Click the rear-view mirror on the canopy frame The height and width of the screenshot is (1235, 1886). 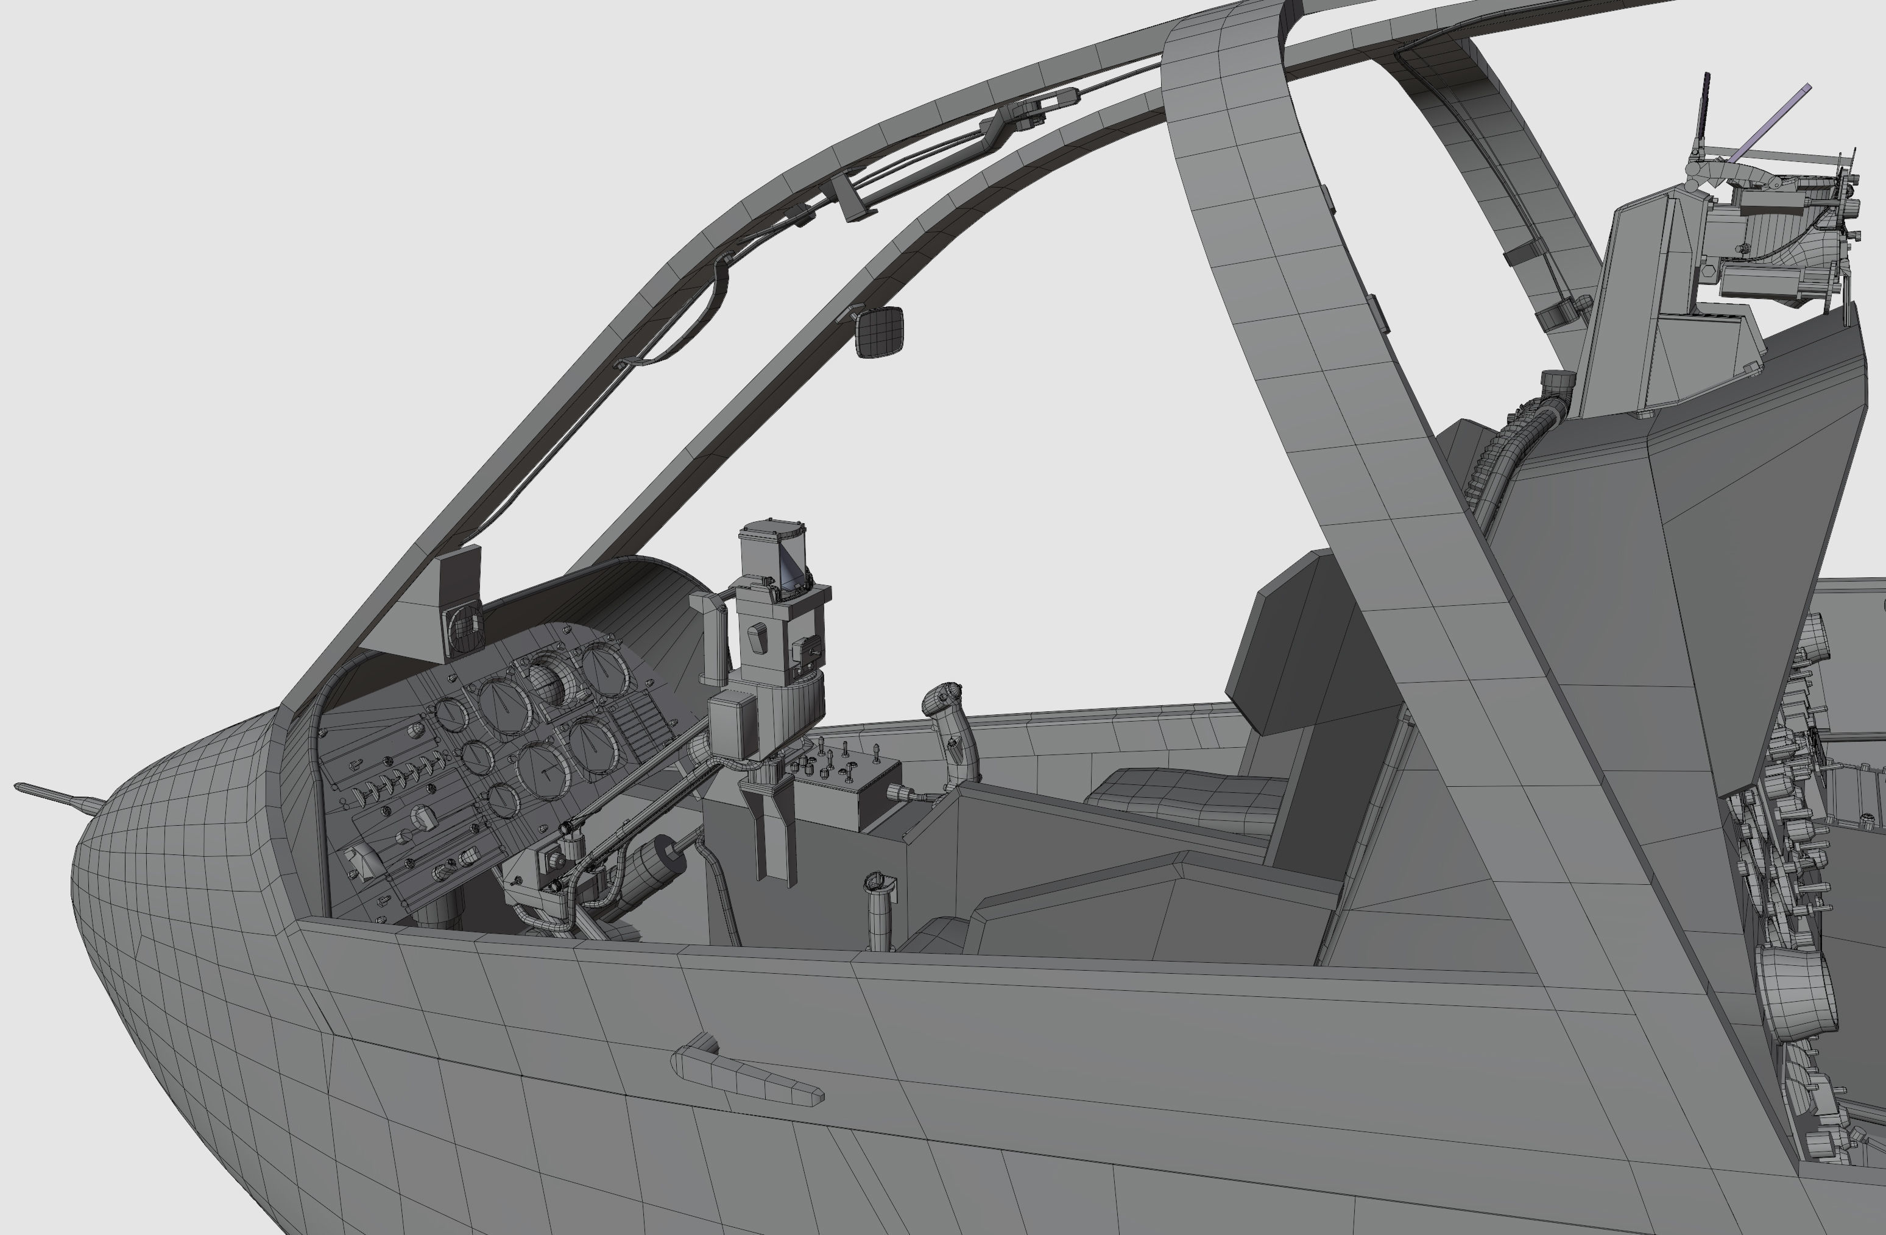(x=880, y=331)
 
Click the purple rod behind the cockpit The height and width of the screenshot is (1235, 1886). (x=1771, y=123)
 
